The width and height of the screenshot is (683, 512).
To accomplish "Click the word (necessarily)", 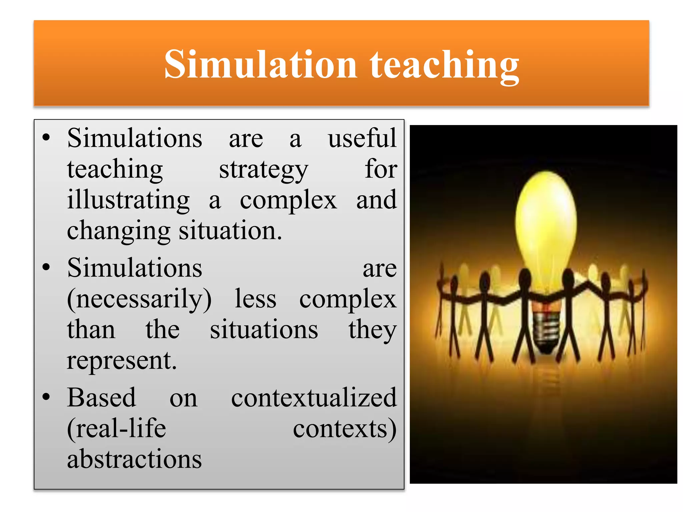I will [139, 299].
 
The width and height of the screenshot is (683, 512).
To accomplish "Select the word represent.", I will [122, 361].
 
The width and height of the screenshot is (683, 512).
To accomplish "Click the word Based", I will [102, 397].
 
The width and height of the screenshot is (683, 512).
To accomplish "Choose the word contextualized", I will [314, 397].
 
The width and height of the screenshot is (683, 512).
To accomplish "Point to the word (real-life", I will [116, 428].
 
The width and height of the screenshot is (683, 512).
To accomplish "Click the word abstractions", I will [134, 459].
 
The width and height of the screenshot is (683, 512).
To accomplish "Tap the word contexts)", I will [345, 428].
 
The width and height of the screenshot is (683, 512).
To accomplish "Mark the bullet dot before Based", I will [46, 397].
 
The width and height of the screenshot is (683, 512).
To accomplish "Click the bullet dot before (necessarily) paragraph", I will [46, 267].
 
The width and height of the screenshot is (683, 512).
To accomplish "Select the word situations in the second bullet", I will [264, 330].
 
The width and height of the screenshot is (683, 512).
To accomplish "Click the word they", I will [373, 330].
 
